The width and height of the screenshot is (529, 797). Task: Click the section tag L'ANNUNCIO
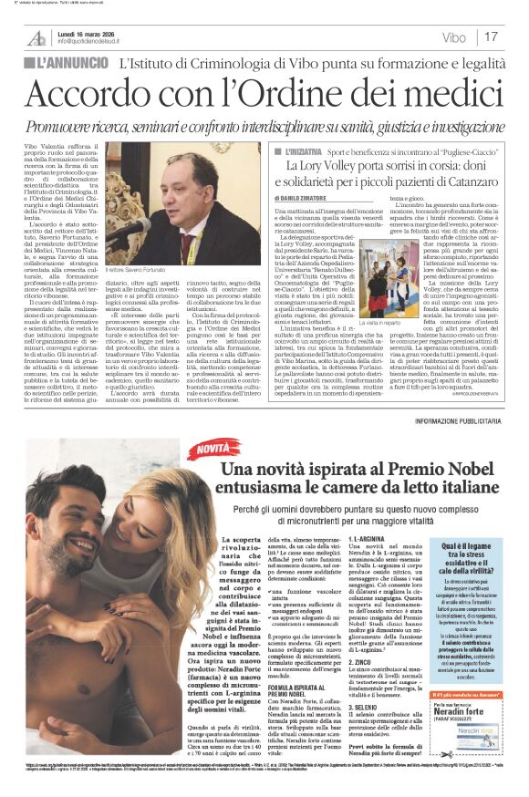click(69, 65)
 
